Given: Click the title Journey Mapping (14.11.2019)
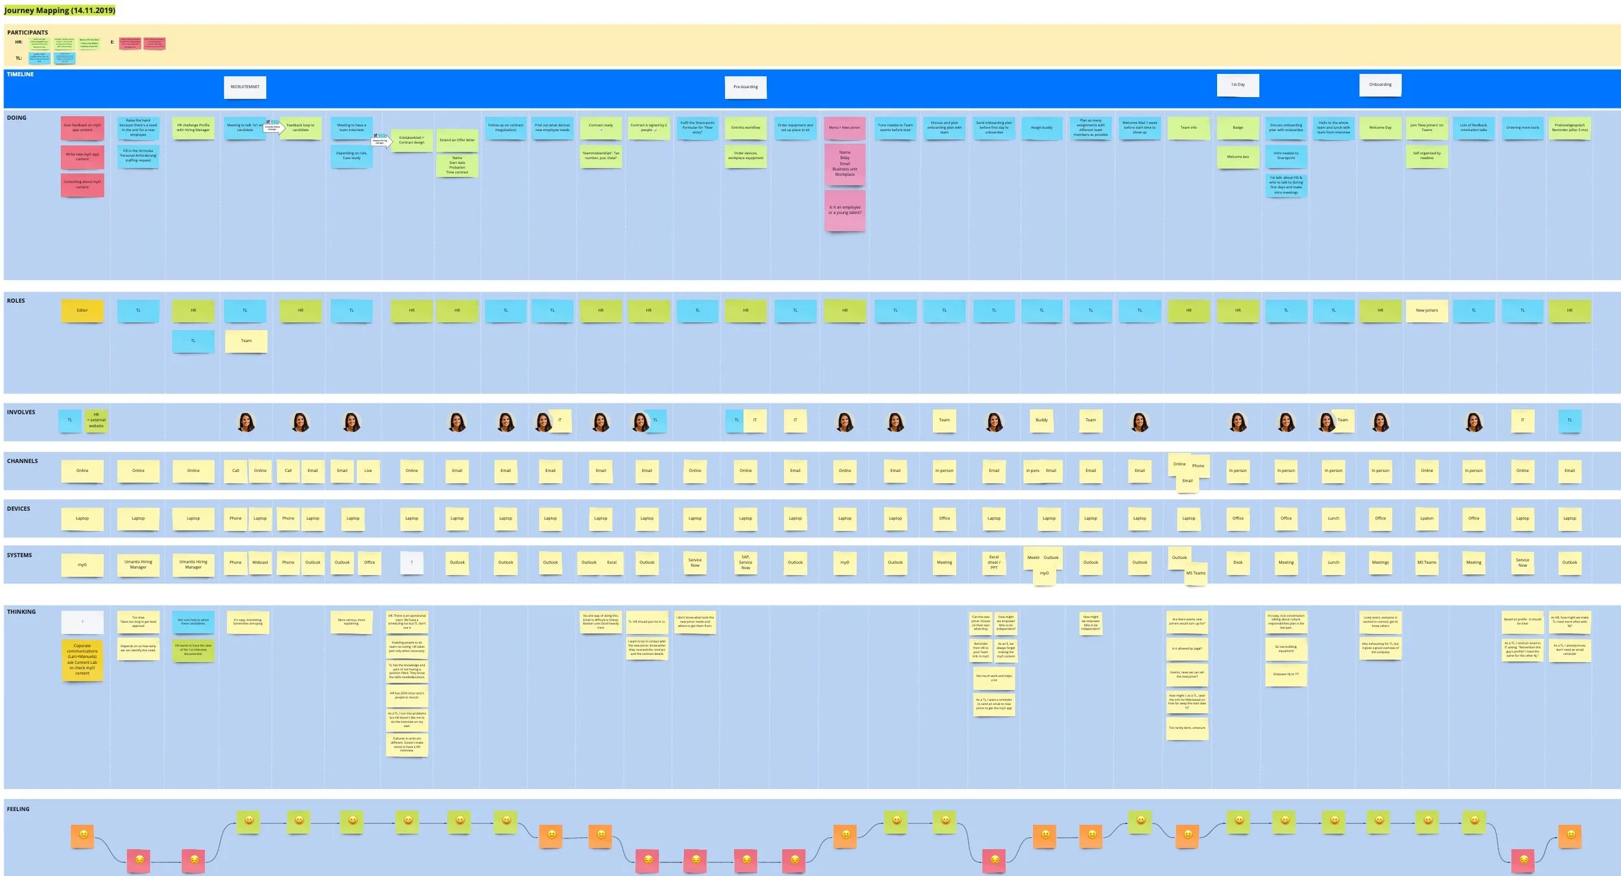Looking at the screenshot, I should [x=60, y=10].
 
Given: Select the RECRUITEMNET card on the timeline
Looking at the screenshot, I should [x=245, y=87].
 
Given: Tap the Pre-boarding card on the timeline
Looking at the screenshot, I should [x=746, y=87].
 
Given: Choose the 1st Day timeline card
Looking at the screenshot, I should [x=1238, y=85].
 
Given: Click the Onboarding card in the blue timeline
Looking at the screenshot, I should [x=1380, y=85].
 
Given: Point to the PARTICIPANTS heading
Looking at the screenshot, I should [x=27, y=32].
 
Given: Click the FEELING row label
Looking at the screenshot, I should [x=18, y=809].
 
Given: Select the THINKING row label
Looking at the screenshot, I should [x=21, y=612].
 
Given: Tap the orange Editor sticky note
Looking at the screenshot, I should [x=82, y=311].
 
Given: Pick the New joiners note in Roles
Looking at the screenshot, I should [x=1426, y=311].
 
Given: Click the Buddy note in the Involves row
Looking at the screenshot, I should [x=1041, y=420].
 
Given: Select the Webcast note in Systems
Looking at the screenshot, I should [x=260, y=563].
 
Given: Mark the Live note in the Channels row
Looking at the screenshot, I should [x=368, y=471].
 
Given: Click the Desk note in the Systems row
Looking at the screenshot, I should [x=1238, y=563].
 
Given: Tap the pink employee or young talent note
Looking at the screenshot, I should [x=845, y=210].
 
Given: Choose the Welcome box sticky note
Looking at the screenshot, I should [x=1238, y=157].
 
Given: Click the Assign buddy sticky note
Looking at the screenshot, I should [x=1041, y=128].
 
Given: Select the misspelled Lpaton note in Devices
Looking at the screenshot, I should [x=1426, y=519].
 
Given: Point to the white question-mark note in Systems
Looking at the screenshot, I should [x=412, y=563].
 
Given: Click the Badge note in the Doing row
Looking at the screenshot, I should [x=1238, y=128].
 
